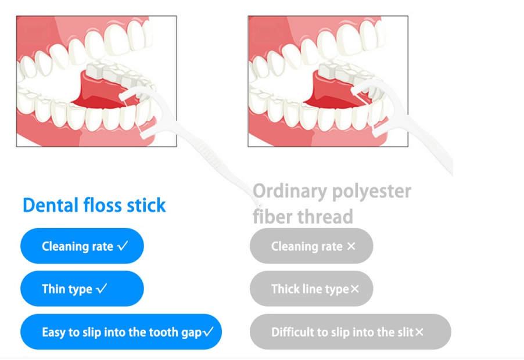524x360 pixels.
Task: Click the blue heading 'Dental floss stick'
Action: (94, 205)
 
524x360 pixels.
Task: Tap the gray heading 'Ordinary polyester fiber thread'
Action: (332, 204)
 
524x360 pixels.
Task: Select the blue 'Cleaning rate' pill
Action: (82, 246)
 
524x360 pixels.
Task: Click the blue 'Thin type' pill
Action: (82, 289)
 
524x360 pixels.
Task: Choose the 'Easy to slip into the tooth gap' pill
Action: (121, 332)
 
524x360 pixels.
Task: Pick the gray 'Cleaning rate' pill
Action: (311, 246)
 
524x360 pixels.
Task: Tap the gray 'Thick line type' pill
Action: (311, 289)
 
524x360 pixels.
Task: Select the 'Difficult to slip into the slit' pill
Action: (350, 332)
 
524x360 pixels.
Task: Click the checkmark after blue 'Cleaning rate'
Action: (123, 246)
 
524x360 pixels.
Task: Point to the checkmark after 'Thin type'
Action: (102, 289)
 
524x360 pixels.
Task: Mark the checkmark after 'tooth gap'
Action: (208, 332)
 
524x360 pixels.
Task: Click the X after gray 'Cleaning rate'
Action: (351, 246)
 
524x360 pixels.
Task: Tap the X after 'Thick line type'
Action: (355, 289)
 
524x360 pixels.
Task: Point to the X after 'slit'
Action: (419, 332)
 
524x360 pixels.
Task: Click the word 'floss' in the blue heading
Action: (103, 205)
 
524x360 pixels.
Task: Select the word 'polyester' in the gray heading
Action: (372, 192)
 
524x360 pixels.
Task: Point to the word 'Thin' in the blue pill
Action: (53, 289)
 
